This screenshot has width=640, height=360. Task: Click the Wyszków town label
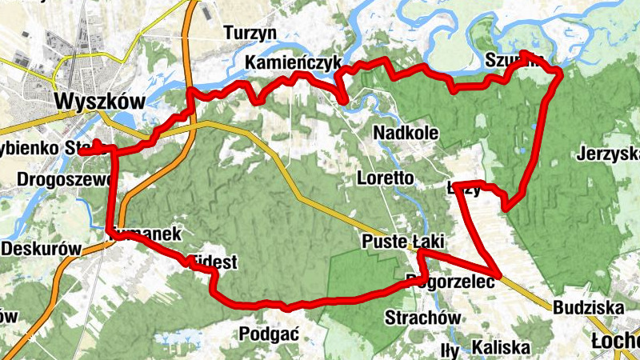(100, 102)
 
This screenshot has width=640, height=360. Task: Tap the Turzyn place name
(250, 33)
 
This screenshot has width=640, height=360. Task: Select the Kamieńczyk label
(294, 63)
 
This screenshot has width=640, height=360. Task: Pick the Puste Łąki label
(402, 242)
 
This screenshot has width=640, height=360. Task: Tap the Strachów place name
(422, 318)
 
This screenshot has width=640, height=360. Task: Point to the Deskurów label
(41, 249)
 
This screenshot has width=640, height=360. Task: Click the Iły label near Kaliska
(451, 350)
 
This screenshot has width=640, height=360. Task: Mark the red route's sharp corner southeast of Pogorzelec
(498, 275)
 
